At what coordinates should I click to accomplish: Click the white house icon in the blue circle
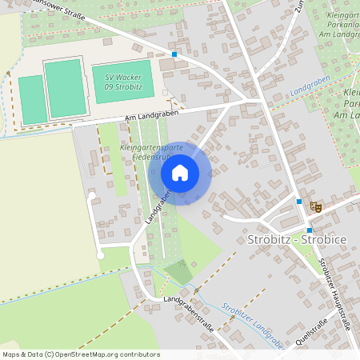180,172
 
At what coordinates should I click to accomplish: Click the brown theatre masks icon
316,206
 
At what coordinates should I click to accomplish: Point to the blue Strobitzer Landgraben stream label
253,320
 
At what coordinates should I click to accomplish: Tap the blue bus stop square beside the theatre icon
299,202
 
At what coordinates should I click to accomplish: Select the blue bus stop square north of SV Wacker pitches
174,54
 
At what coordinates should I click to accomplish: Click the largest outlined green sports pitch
65,88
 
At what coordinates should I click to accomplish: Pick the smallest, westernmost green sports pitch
33,100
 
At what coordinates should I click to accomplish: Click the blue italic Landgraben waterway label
310,92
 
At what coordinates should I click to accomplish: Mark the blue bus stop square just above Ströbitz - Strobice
309,230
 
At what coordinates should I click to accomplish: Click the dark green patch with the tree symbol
181,273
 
